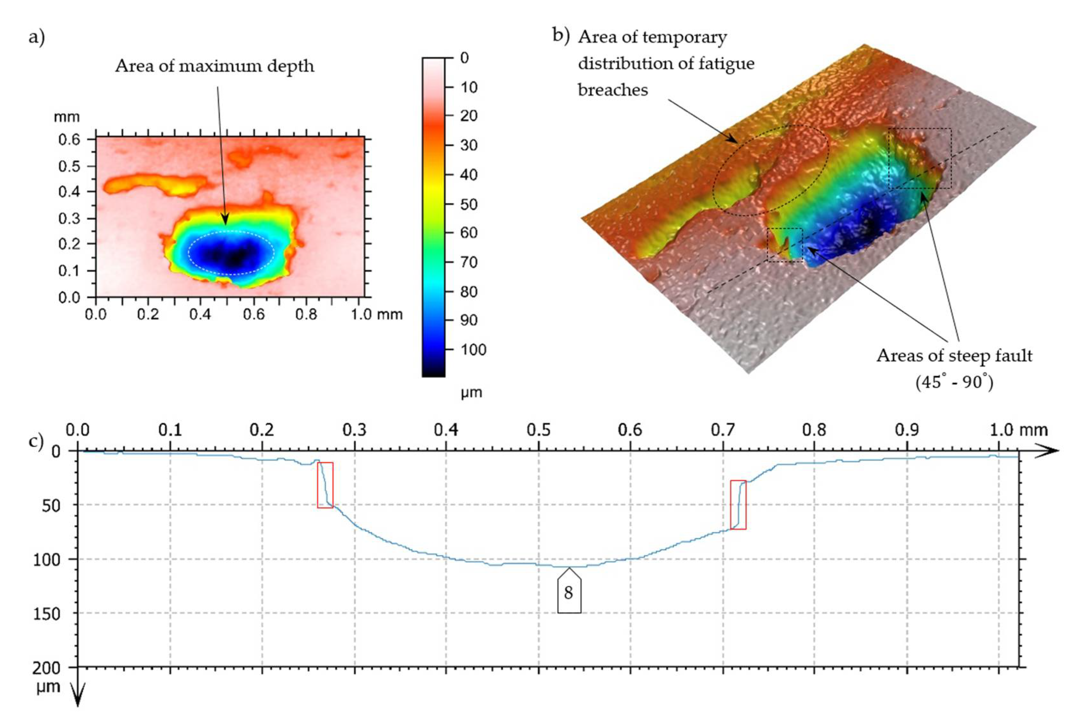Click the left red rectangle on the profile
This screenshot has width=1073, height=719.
coord(325,485)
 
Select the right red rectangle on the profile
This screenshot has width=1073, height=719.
coord(738,504)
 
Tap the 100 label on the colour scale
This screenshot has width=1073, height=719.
coord(473,350)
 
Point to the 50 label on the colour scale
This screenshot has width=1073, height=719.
coord(469,204)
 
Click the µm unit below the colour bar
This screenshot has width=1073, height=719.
coord(471,393)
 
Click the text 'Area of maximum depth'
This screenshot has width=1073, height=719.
coord(214,66)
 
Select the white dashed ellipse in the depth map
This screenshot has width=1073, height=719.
coord(231,253)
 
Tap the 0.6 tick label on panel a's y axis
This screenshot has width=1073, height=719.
coord(69,140)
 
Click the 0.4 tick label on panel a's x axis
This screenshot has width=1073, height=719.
coord(200,315)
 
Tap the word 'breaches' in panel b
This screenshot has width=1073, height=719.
coord(613,90)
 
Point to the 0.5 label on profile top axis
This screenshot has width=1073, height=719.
coord(538,430)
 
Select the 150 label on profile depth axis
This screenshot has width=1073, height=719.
coord(46,613)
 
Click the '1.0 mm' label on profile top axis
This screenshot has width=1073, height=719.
coord(1018,430)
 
